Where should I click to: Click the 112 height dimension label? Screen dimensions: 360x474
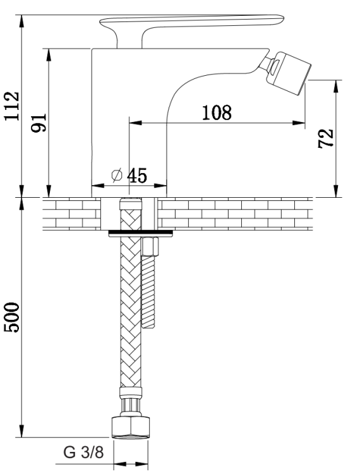coord(12,106)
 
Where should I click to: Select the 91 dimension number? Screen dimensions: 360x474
coord(39,123)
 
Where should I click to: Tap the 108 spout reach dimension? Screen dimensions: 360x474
coord(217,112)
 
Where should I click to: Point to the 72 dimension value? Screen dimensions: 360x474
coord(325,138)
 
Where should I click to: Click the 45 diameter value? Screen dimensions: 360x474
coord(137,175)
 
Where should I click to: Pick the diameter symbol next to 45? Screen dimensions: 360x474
coord(117,175)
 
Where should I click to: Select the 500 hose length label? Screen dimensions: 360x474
coord(12,317)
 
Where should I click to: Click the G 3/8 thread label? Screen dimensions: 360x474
coord(83,453)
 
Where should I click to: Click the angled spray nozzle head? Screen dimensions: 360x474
coord(289,73)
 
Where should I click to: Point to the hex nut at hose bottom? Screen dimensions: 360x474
coord(131,427)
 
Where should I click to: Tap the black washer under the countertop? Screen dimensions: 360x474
coord(141,233)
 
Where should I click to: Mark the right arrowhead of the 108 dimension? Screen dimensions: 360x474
coord(299,123)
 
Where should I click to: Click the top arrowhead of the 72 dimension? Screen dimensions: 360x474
coord(336,87)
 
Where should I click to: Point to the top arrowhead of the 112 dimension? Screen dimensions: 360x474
coord(21,21)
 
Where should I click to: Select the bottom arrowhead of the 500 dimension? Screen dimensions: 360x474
coord(21,431)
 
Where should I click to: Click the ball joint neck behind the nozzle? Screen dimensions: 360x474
coord(267,63)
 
